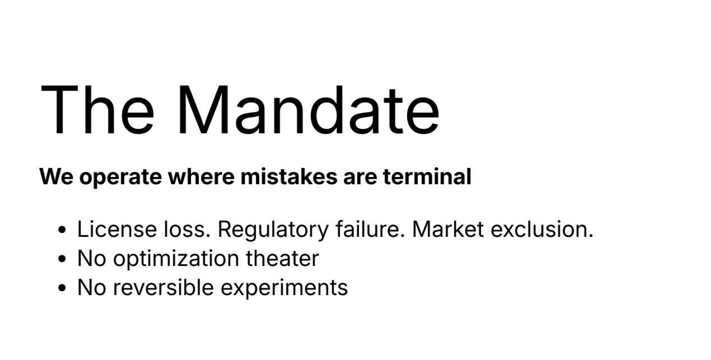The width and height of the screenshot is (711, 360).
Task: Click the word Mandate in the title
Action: pos(308,110)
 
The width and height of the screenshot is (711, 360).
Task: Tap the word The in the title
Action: pos(97,110)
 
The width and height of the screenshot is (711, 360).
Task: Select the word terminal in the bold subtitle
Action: pos(427,177)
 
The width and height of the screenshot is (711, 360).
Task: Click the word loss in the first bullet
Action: pos(181,230)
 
